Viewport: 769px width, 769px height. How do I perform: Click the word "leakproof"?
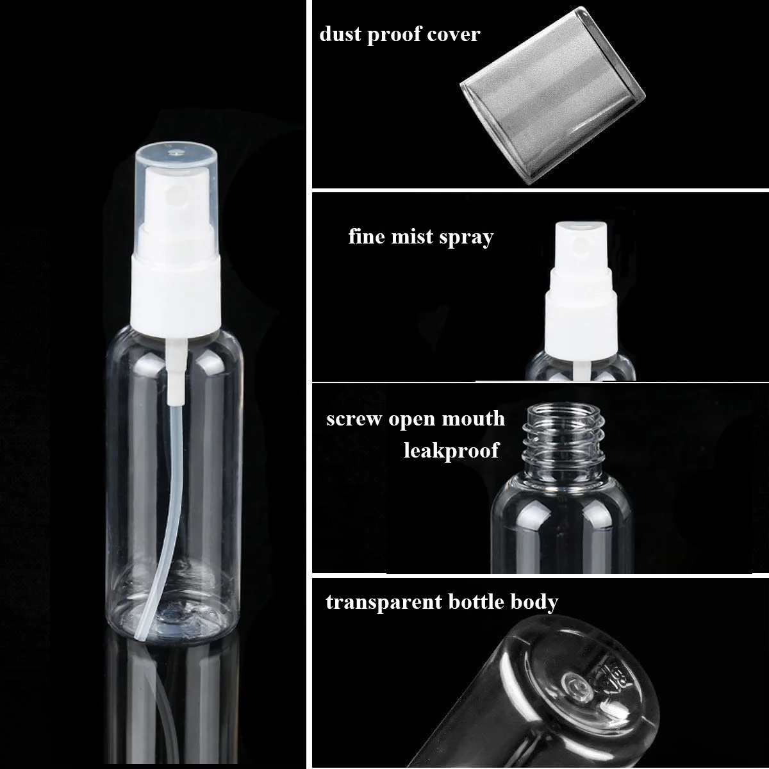coord(451,451)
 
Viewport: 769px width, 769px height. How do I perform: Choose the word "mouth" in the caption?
coord(477,420)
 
